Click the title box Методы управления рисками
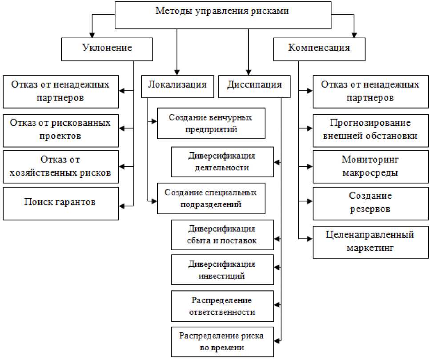click(222, 15)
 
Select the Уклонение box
click(107, 48)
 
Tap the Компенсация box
click(319, 48)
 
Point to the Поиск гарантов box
click(60, 203)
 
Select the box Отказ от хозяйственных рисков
click(60, 166)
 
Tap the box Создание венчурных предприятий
click(211, 124)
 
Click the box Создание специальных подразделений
click(211, 198)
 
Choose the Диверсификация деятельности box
click(222, 162)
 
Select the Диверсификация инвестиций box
click(222, 270)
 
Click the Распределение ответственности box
click(222, 306)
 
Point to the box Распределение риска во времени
click(222, 341)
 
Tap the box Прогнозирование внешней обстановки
click(370, 130)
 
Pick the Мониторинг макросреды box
click(370, 166)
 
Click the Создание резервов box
click(370, 203)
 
